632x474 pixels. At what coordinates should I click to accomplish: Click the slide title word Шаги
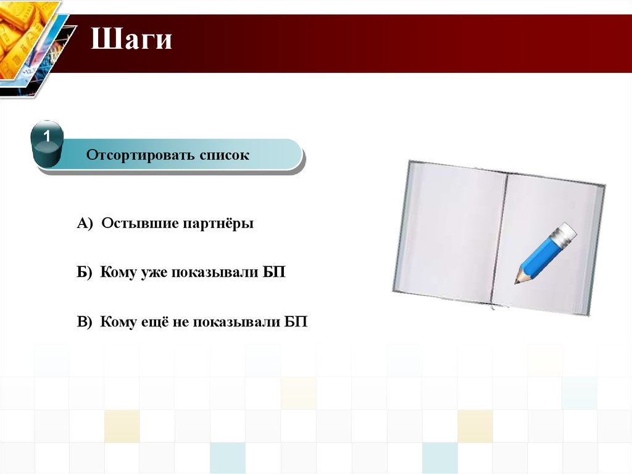[131, 39]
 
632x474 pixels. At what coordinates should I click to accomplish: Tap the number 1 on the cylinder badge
[47, 137]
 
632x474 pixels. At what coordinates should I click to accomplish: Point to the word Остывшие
[139, 223]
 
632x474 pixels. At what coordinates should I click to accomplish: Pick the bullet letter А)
[85, 223]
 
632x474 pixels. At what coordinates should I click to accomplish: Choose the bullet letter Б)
[84, 272]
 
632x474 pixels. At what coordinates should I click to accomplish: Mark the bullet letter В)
[84, 322]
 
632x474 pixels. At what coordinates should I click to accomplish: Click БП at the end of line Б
[274, 272]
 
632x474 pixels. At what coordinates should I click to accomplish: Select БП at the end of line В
[296, 322]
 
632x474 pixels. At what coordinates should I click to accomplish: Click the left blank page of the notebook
[450, 232]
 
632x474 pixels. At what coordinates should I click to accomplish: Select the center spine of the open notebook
[498, 239]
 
